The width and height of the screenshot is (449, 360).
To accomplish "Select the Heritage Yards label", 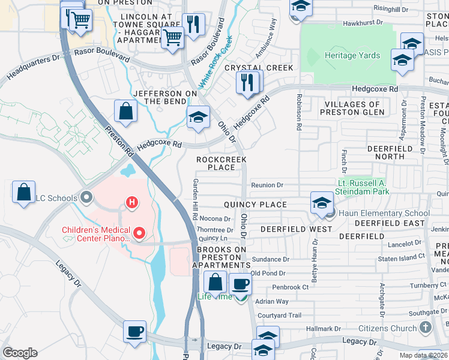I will tap(352, 55).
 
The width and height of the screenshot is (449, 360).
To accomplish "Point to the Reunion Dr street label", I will tap(267, 185).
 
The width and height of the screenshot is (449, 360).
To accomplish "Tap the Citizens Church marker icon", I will tap(426, 328).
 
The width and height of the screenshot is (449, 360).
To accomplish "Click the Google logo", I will tap(20, 353).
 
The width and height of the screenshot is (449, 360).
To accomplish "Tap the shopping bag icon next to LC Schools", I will tap(23, 193).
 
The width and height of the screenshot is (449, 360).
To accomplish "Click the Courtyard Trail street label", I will tap(279, 316).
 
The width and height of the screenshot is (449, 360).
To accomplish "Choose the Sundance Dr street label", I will tap(270, 260).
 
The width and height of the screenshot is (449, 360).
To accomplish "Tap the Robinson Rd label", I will tap(298, 112).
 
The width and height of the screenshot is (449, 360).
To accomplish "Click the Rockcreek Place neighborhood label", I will tap(221, 163).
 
